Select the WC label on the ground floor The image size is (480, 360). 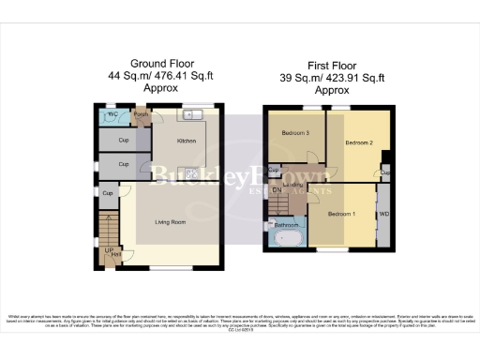(112, 117)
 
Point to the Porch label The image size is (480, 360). (141, 116)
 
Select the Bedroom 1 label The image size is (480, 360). (340, 215)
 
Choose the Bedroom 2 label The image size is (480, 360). (358, 143)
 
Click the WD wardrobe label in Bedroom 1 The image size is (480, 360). (382, 215)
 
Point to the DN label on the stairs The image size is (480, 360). (277, 191)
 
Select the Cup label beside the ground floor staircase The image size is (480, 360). (108, 194)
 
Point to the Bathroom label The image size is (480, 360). (286, 225)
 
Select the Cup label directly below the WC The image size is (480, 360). (124, 142)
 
